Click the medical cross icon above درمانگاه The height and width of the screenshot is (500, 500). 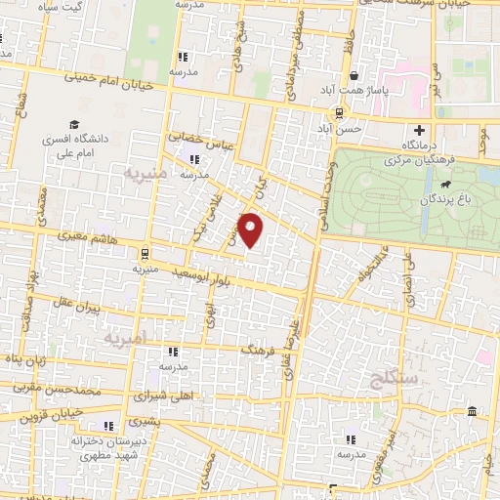click(421, 130)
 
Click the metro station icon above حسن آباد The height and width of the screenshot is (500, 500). click(337, 112)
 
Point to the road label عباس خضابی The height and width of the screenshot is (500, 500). click(197, 143)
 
